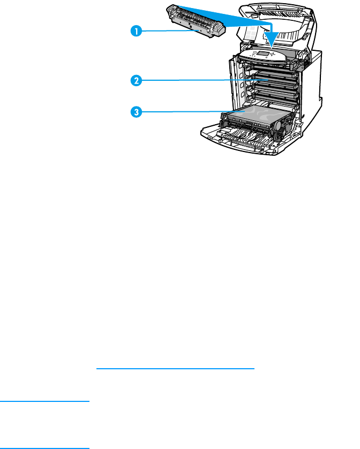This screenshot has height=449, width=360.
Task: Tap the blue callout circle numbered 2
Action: (x=137, y=81)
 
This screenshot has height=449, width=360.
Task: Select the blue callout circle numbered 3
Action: (x=137, y=112)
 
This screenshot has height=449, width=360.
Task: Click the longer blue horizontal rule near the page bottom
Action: (x=175, y=369)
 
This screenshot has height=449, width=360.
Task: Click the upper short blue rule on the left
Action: (x=44, y=400)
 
